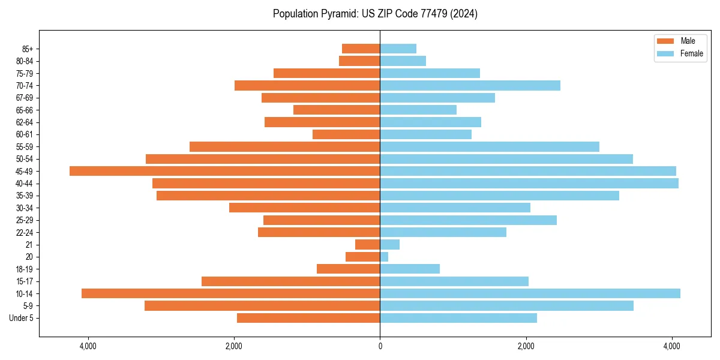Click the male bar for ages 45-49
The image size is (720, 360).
[224, 171]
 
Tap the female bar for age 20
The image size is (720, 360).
[384, 257]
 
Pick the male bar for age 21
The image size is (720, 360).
[367, 244]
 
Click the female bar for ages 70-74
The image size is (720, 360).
[470, 85]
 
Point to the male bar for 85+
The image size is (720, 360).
[361, 49]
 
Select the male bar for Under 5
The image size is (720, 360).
[308, 318]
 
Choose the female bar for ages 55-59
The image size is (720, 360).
[490, 146]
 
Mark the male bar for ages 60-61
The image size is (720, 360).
[346, 134]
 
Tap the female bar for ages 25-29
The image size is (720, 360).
[468, 220]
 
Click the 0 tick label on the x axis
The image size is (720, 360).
[380, 347]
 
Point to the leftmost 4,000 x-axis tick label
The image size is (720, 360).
[88, 347]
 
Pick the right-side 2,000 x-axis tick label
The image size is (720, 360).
[526, 347]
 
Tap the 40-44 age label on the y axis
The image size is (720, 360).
[25, 184]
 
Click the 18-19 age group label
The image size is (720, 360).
[25, 269]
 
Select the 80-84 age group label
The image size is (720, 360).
[25, 61]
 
